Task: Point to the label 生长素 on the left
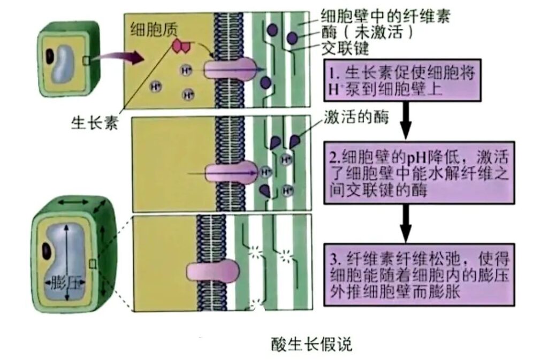pos(94,124)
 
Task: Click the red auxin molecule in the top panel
pos(180,47)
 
